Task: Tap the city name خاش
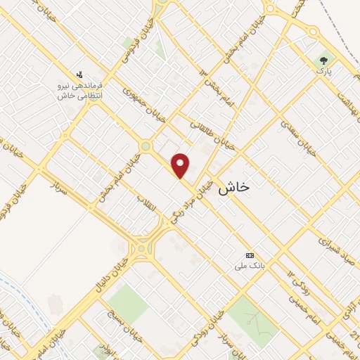click(x=233, y=188)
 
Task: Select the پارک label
click(x=323, y=71)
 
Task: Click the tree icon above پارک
click(x=323, y=60)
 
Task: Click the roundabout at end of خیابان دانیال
click(x=144, y=248)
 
